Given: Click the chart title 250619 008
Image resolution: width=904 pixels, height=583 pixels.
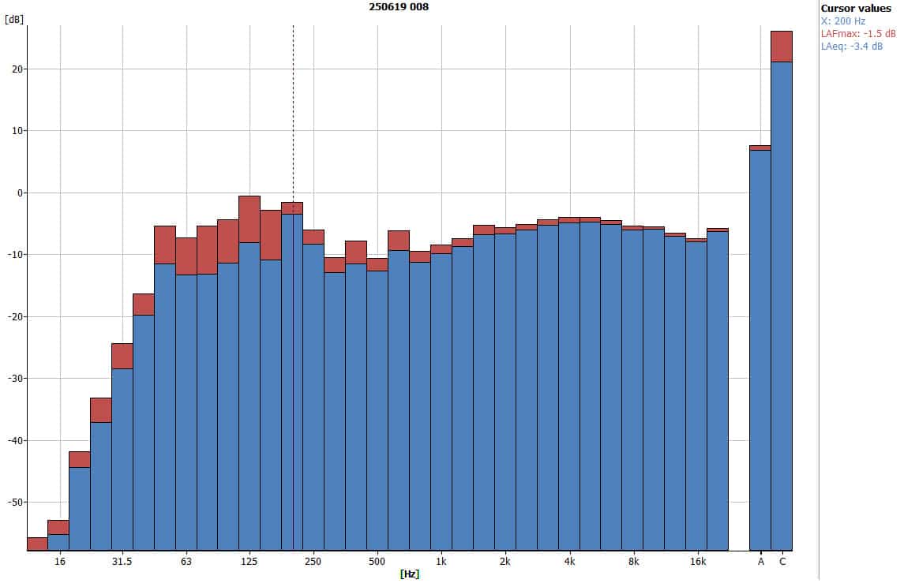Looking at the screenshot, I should [x=399, y=6].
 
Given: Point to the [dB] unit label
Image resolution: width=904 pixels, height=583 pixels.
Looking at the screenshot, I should [x=13, y=19].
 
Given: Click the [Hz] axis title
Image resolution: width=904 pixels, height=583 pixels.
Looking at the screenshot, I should [x=409, y=574].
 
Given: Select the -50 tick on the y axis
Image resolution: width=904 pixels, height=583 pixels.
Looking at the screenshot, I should [x=13, y=503].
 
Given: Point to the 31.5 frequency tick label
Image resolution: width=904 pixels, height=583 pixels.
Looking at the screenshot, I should [x=122, y=562].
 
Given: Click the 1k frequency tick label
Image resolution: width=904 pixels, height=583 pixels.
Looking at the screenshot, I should [x=441, y=562].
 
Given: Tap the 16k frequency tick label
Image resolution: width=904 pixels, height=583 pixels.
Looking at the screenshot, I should [x=697, y=562].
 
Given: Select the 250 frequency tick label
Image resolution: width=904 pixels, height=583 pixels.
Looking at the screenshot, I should [x=313, y=562].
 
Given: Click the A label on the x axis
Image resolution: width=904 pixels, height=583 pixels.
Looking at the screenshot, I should [x=761, y=562].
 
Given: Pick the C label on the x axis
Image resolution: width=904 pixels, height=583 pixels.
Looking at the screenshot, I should [x=782, y=562].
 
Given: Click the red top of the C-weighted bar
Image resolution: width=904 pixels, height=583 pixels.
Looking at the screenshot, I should [x=782, y=46].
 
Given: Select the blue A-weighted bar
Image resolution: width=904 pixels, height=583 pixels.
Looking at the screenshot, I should [x=760, y=347].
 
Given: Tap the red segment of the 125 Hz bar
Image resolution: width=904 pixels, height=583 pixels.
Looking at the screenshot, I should [x=249, y=219].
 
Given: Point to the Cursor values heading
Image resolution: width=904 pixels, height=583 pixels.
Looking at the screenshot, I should [x=856, y=9].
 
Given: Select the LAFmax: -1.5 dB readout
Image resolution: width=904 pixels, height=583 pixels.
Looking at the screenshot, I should [x=858, y=34].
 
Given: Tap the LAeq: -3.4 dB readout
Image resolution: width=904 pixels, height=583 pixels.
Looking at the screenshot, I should [x=852, y=47].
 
